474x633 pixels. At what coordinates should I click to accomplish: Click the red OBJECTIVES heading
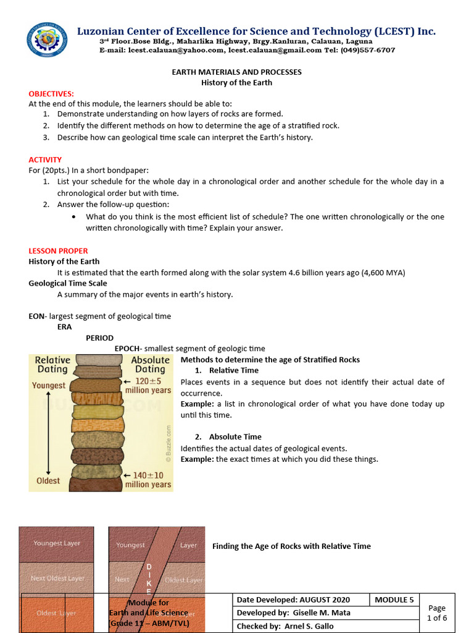click(x=51, y=93)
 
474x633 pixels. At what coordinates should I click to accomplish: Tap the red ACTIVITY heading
click(x=45, y=159)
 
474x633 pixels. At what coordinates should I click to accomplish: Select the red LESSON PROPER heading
click(x=58, y=251)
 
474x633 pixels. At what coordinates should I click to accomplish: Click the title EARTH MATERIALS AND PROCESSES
click(x=236, y=72)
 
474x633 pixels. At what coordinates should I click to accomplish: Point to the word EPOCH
click(x=127, y=349)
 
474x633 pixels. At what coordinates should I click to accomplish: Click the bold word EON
click(x=36, y=316)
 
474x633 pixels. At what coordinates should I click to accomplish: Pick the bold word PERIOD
click(x=99, y=338)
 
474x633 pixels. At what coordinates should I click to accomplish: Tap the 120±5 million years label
click(x=148, y=386)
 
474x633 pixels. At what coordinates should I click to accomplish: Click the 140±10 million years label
click(x=148, y=480)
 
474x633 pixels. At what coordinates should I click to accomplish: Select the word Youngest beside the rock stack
click(x=49, y=385)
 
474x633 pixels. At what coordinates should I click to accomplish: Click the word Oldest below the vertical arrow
click(x=48, y=480)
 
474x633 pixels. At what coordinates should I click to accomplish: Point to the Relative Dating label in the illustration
click(x=52, y=364)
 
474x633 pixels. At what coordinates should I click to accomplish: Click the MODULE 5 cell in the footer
click(x=394, y=600)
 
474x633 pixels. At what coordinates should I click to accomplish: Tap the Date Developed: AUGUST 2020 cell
click(x=293, y=600)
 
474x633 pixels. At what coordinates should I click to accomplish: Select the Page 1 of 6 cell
click(x=436, y=613)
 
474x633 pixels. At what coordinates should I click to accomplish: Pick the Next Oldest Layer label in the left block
click(x=57, y=579)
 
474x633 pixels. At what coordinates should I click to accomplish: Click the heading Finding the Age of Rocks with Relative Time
click(x=291, y=546)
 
